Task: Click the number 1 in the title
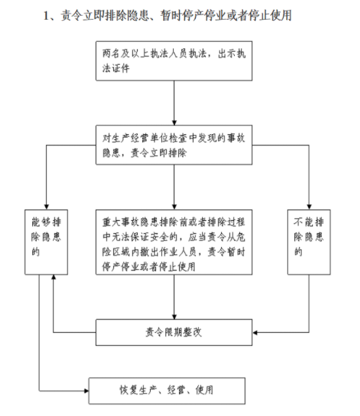pyautogui.click(x=46, y=16)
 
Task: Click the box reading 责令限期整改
pyautogui.click(x=174, y=332)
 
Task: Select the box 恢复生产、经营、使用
pyautogui.click(x=167, y=391)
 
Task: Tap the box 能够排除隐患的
pyautogui.click(x=46, y=242)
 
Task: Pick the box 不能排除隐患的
pyautogui.click(x=309, y=242)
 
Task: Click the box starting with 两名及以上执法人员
pyautogui.click(x=174, y=61)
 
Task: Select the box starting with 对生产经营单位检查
pyautogui.click(x=174, y=145)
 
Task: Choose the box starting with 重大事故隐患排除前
pyautogui.click(x=174, y=242)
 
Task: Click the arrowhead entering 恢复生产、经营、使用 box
pyautogui.click(x=87, y=391)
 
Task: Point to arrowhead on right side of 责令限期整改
pyautogui.click(x=255, y=332)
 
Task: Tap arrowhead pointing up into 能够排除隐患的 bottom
pyautogui.click(x=53, y=277)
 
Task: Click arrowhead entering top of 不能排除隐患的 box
pyautogui.click(x=309, y=207)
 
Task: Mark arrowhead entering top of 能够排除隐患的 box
pyautogui.click(x=47, y=207)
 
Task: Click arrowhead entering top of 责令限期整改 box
pyautogui.click(x=174, y=316)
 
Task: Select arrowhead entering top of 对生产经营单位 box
pyautogui.click(x=174, y=123)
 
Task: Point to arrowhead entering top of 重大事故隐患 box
pyautogui.click(x=174, y=207)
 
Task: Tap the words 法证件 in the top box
pyautogui.click(x=116, y=68)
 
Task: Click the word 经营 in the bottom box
pyautogui.click(x=176, y=390)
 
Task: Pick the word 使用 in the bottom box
pyautogui.click(x=205, y=390)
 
